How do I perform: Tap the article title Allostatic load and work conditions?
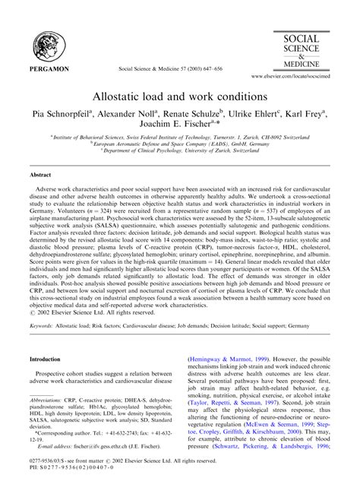(x=179, y=98)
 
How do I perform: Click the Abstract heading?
(x=40, y=195)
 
